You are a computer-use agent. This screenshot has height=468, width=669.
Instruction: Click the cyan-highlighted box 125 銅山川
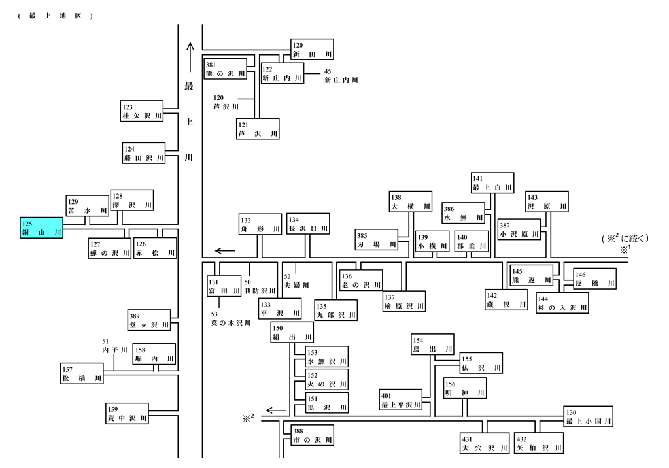point(41,227)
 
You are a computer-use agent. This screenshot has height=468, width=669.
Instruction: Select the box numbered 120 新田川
point(313,50)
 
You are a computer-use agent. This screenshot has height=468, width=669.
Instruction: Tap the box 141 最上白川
point(492,183)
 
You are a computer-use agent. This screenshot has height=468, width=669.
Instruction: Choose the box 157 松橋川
point(82,374)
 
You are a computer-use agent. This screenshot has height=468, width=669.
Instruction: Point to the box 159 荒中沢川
point(127,413)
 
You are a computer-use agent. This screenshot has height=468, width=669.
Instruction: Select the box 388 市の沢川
point(313,435)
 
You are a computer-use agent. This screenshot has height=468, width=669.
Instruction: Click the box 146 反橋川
point(594,278)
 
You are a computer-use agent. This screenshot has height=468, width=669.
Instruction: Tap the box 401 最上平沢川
point(401,400)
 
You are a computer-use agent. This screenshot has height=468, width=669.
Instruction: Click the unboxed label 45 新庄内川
point(341,76)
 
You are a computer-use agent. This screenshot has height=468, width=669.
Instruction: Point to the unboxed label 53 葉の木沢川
point(231,319)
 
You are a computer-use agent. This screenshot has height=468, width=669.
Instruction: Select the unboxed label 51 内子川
point(114,346)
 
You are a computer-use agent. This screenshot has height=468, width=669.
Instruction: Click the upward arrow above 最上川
point(190,57)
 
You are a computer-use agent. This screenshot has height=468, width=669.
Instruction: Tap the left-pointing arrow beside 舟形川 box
point(225,251)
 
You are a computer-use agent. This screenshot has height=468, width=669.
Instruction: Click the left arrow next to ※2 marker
point(275,411)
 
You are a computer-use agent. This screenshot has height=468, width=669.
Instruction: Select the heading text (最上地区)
point(55,16)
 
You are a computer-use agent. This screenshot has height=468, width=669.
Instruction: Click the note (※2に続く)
point(625,238)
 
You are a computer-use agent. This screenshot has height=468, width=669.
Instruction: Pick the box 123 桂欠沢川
point(142,111)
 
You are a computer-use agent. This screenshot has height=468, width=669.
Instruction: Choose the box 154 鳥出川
point(432,344)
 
